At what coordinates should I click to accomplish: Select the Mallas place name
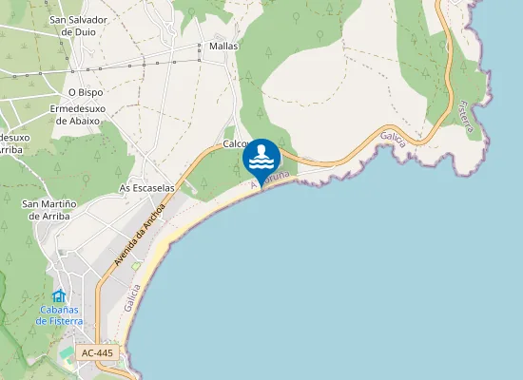(x=223, y=46)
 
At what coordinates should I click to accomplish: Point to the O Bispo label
(x=85, y=92)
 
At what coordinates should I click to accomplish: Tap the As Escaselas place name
(x=146, y=188)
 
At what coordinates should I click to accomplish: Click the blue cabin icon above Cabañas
(x=59, y=296)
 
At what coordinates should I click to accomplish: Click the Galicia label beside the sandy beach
(x=132, y=297)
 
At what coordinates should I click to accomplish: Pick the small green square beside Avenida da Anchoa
(x=137, y=266)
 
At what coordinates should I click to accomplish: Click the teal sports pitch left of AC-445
(x=67, y=354)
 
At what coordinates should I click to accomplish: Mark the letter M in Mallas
(x=213, y=46)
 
